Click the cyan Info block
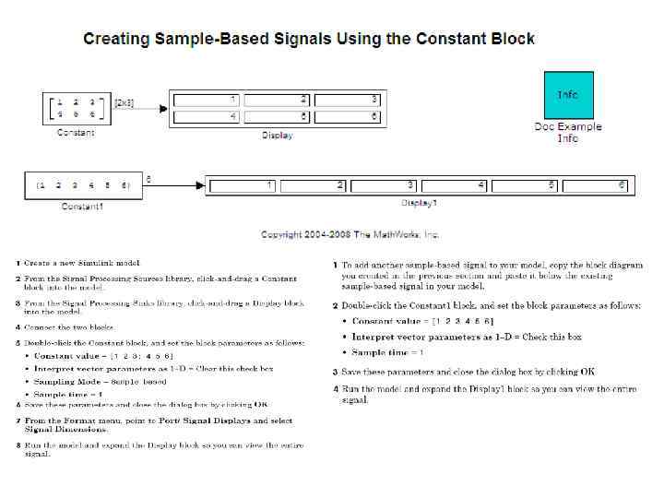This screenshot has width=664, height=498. click(x=568, y=95)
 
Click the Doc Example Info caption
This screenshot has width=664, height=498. click(x=568, y=133)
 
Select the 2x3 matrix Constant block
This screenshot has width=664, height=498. click(x=76, y=108)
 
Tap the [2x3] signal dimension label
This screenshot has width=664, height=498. click(x=124, y=103)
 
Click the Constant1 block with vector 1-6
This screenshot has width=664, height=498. click(x=82, y=185)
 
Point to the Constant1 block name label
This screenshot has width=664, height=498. click(x=82, y=207)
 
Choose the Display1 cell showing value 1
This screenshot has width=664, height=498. click(x=242, y=185)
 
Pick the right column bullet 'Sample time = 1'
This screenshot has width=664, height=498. click(x=388, y=352)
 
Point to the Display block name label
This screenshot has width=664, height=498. click(x=277, y=136)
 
